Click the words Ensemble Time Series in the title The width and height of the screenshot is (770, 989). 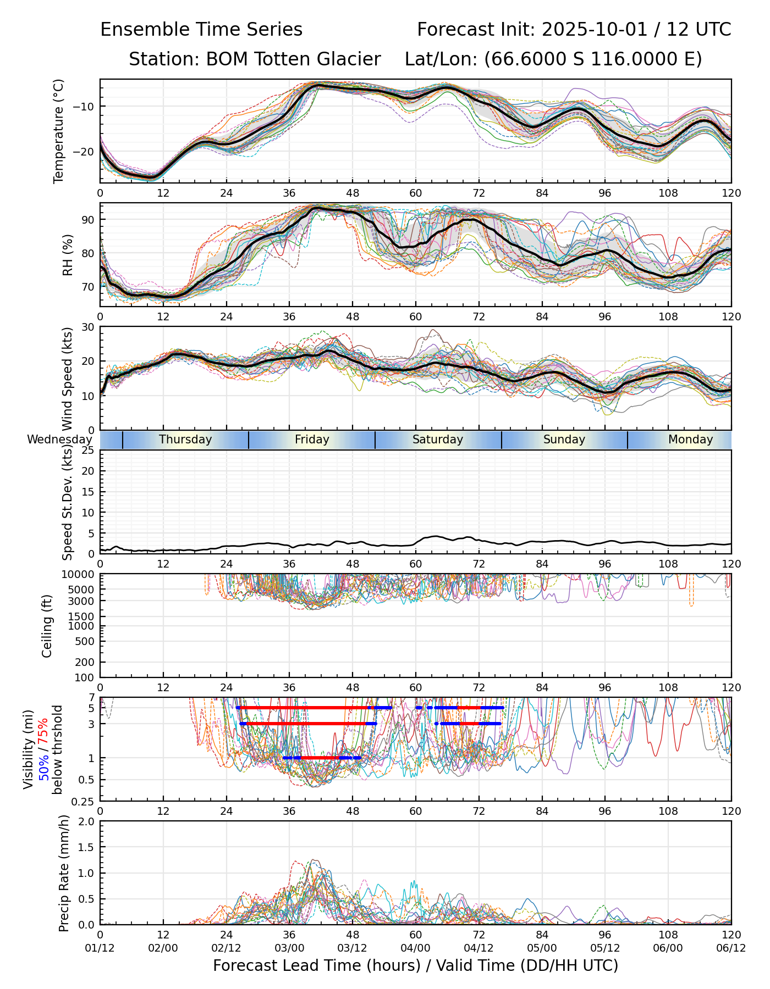pos(201,30)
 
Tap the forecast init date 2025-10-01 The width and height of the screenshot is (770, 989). pos(595,30)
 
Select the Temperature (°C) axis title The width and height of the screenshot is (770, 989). pos(59,131)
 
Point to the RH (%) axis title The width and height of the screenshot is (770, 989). pos(68,254)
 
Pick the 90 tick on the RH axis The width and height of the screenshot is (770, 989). pos(88,220)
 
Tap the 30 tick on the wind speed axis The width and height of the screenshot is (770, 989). pos(88,327)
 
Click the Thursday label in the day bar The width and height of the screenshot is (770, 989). pos(185,440)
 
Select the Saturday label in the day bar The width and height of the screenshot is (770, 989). pos(438,440)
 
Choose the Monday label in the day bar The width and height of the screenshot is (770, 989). pos(690,440)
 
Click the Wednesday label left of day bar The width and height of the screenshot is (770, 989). pos(59,440)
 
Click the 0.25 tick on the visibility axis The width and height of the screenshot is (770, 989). pos(84,801)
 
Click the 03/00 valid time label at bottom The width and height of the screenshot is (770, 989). pos(289,948)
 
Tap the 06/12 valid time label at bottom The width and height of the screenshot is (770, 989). pos(731,948)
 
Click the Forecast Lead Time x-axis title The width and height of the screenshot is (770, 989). pos(415,966)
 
